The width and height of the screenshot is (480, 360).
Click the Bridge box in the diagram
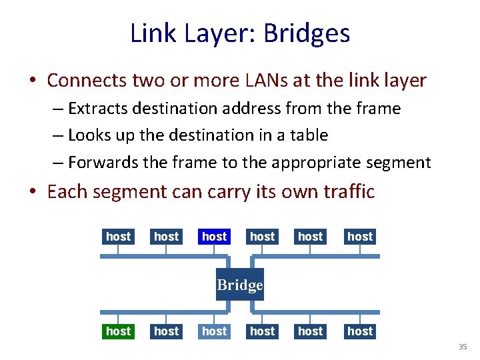240,285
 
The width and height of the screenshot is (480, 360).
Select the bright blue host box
214,236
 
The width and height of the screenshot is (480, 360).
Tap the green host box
118,331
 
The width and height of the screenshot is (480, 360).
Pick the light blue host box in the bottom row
214,331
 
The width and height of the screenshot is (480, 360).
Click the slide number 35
463,347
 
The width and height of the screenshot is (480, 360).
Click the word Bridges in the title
309,33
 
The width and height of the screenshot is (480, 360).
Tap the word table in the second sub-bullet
308,135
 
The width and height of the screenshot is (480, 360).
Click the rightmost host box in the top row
360,236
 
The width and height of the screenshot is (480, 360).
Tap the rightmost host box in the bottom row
360,331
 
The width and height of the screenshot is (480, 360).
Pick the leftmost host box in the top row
118,236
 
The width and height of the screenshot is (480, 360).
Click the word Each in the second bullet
67,192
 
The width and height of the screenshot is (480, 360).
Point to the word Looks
90,135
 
